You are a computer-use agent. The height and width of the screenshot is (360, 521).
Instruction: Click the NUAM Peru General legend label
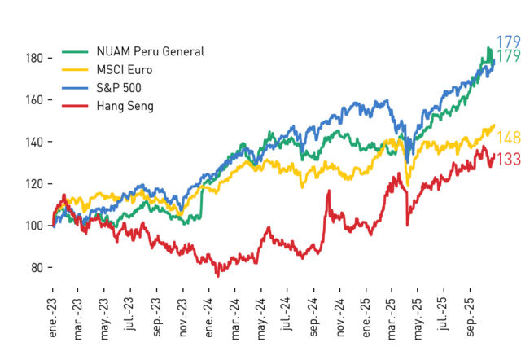(x=150, y=51)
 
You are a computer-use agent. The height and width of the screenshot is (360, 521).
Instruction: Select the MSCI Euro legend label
(x=125, y=70)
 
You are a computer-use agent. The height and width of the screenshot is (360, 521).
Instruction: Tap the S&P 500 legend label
(x=119, y=88)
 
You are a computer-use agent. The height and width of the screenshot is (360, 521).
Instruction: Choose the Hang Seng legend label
(x=125, y=107)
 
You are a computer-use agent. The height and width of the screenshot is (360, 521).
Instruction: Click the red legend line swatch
(x=75, y=106)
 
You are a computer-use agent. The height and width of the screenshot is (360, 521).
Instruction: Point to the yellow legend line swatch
(x=75, y=70)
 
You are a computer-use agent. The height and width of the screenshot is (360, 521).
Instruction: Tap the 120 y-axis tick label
(x=34, y=184)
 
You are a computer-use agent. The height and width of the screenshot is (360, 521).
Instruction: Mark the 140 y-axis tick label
(x=34, y=142)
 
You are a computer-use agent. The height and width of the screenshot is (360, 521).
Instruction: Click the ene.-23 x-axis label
(x=52, y=318)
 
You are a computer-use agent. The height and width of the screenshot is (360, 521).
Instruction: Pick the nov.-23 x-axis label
(x=183, y=318)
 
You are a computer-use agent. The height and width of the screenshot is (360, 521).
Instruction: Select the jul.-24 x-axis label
(x=287, y=314)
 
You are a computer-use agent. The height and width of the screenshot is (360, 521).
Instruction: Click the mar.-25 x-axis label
(x=392, y=319)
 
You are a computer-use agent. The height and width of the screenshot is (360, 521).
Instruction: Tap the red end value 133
(x=508, y=159)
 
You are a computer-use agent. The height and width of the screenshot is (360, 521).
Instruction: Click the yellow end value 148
(x=508, y=138)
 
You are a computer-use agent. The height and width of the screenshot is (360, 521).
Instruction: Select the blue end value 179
(x=508, y=42)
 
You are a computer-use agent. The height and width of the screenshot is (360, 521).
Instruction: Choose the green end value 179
(x=508, y=56)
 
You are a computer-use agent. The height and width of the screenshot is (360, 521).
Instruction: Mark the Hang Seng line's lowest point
(x=218, y=276)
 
